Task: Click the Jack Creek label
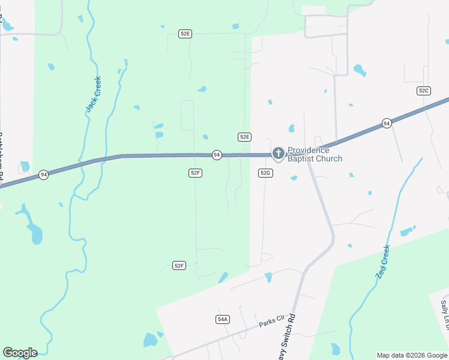click(94, 94)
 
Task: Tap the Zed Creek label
click(384, 261)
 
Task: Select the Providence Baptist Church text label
click(315, 154)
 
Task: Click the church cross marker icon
click(278, 154)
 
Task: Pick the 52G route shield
click(266, 173)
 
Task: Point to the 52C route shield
click(424, 91)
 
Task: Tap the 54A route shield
click(223, 319)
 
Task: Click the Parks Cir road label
click(271, 323)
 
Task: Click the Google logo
click(20, 352)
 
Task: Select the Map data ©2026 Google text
click(412, 355)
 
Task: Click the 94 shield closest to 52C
click(387, 124)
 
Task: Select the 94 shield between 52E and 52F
click(217, 155)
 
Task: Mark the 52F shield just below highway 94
click(194, 173)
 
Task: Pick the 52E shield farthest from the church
click(185, 34)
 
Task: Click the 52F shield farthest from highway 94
click(179, 265)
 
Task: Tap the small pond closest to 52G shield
click(294, 178)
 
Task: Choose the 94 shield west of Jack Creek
click(43, 175)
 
